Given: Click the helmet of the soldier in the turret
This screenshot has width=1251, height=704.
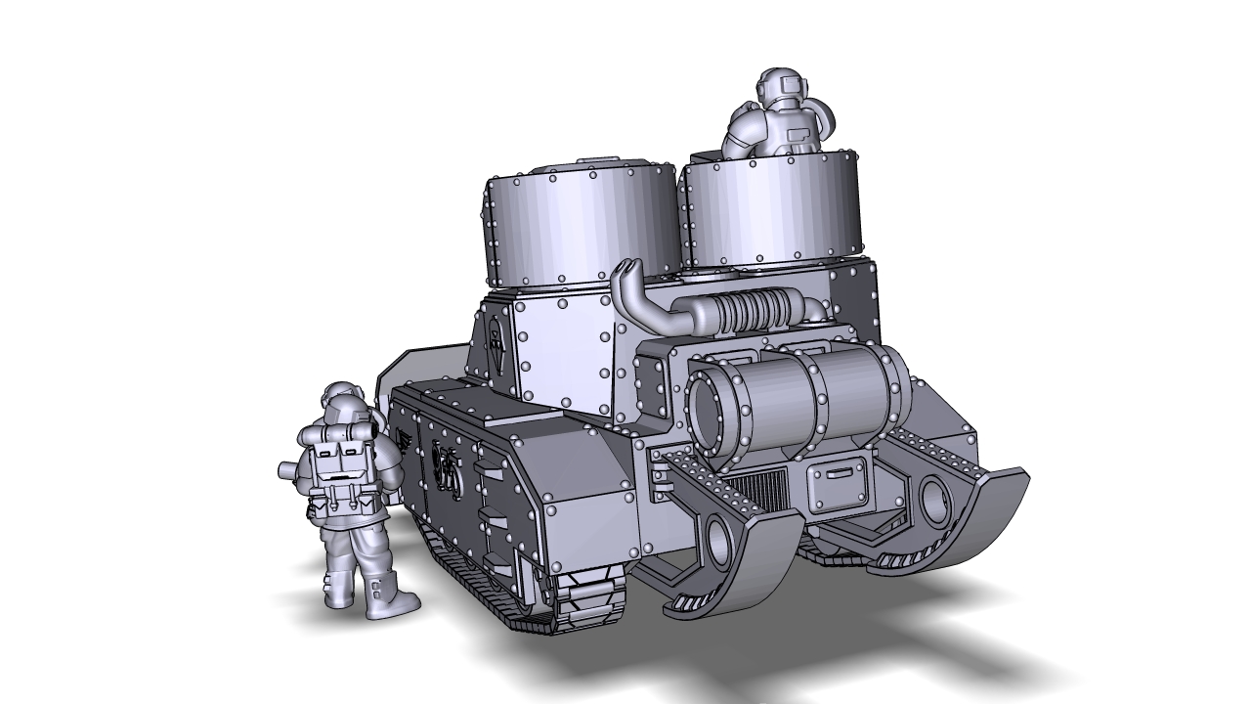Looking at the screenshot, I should pyautogui.click(x=779, y=86).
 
